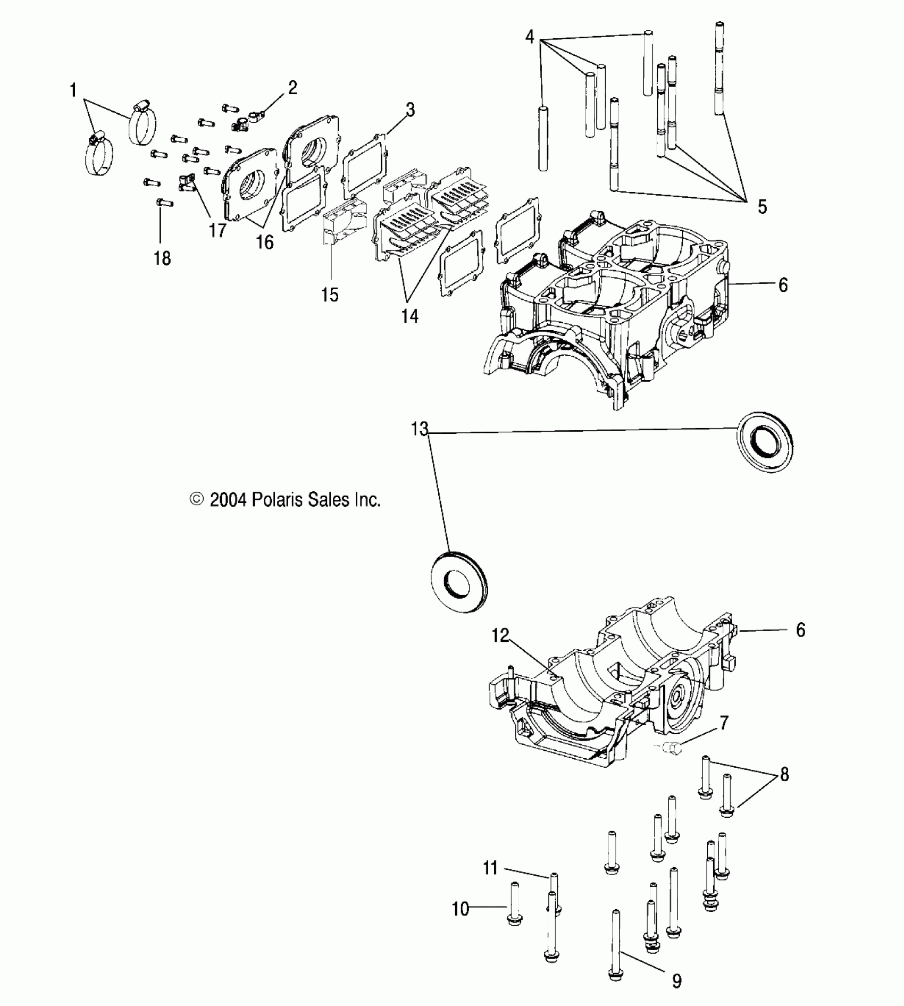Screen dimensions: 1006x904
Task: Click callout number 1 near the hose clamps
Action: [73, 90]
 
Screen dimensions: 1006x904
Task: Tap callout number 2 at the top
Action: [292, 87]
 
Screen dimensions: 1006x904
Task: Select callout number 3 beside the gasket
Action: [409, 110]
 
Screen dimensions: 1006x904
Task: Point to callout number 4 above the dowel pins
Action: [529, 37]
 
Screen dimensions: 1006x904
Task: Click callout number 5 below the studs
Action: [762, 207]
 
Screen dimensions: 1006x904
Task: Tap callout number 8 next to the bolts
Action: [784, 774]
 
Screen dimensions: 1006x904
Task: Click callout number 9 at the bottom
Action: [676, 981]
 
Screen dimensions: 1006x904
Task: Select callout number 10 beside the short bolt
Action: [461, 909]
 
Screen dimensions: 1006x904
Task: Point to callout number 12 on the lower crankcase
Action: [500, 635]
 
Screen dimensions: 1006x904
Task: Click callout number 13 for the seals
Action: [420, 429]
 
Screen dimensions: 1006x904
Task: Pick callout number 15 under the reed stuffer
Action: [330, 294]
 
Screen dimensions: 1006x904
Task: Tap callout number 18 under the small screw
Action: [162, 258]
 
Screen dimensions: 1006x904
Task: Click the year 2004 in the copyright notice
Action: [228, 500]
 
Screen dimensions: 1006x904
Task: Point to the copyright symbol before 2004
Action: [197, 500]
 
